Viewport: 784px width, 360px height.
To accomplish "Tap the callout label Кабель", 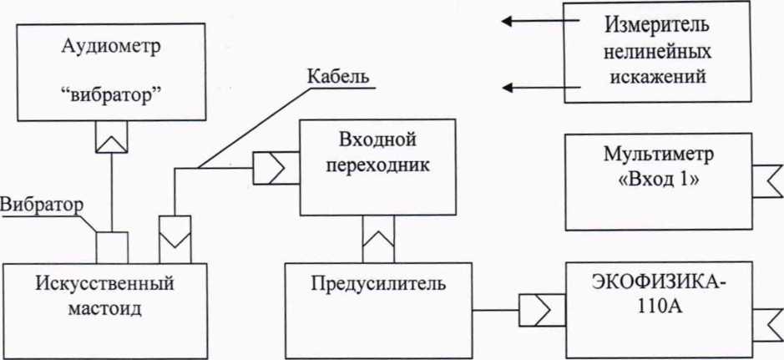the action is coord(338,78).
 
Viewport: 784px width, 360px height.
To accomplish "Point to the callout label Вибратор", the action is coord(41,205).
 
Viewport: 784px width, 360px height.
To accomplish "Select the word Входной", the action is coord(377,140).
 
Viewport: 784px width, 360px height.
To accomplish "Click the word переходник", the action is coord(377,165).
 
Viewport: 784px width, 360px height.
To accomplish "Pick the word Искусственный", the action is coord(105,284).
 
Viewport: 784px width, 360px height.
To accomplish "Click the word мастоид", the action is coord(105,308).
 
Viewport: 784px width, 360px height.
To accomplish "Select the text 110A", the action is coord(660,307).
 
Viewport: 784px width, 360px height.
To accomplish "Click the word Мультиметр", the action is coord(659,155).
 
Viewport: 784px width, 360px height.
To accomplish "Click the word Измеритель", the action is coord(658,26).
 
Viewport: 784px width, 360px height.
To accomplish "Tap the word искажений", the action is coord(658,77).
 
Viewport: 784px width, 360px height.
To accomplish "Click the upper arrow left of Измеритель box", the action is coord(540,21).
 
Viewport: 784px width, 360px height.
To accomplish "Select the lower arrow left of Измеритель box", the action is coord(540,88).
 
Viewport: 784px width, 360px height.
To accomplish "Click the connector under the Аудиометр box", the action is coord(112,136).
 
